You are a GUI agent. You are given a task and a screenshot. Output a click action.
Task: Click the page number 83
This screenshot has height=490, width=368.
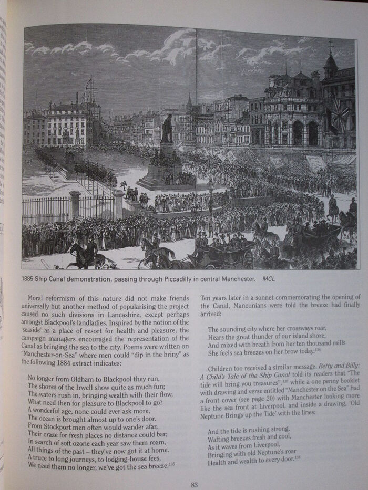[x=194, y=485]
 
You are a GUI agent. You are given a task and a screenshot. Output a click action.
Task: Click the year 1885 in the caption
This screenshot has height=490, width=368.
[x=30, y=279]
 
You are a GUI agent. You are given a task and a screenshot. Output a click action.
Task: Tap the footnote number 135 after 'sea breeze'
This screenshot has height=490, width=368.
[x=172, y=464]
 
